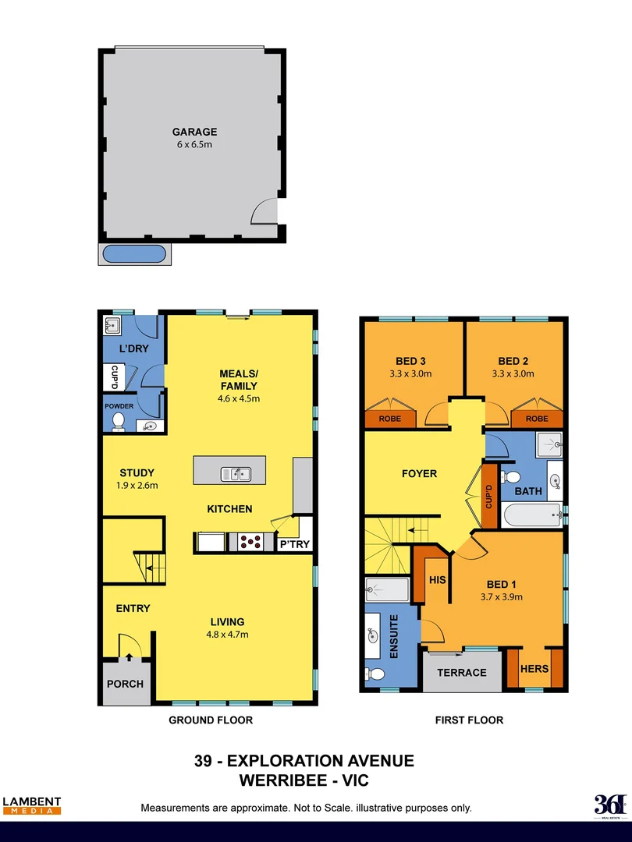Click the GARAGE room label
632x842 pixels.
pos(194,132)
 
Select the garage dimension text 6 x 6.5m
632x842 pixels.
pos(194,144)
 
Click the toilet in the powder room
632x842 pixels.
pos(119,422)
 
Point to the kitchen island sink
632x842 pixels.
pos(235,472)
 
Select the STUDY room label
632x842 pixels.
pos(137,472)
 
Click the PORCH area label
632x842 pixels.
pos(125,684)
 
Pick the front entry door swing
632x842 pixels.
pos(129,646)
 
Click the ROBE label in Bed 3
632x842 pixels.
pos(390,419)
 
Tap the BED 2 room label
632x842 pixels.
pos(513,361)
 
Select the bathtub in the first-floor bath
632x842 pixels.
pos(531,515)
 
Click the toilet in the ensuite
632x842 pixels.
pos(375,674)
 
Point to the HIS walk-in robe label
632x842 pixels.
pos(437,581)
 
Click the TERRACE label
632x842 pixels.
pos(461,672)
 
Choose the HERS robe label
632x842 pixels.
pos(534,669)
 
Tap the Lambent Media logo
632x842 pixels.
pos(31,805)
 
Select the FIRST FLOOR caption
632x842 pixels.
pos(469,720)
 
